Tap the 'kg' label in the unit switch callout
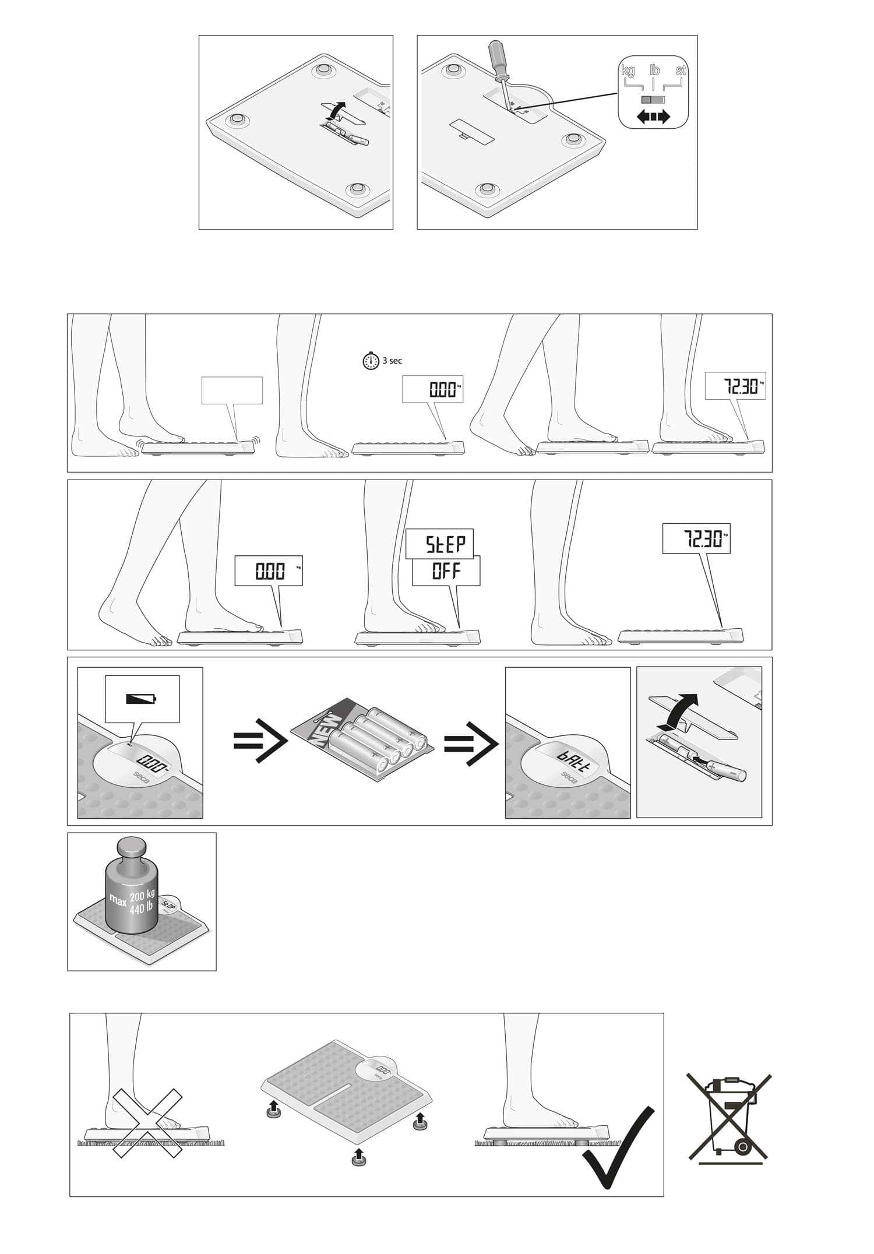628,71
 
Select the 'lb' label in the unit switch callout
654,71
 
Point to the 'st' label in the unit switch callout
681,71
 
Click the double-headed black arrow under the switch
653,117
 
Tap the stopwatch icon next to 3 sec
371,361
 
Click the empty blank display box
232,390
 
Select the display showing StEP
440,544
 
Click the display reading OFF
446,571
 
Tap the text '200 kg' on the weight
142,896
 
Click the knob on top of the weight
131,846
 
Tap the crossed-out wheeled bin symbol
729,1119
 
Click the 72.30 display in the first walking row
735,386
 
